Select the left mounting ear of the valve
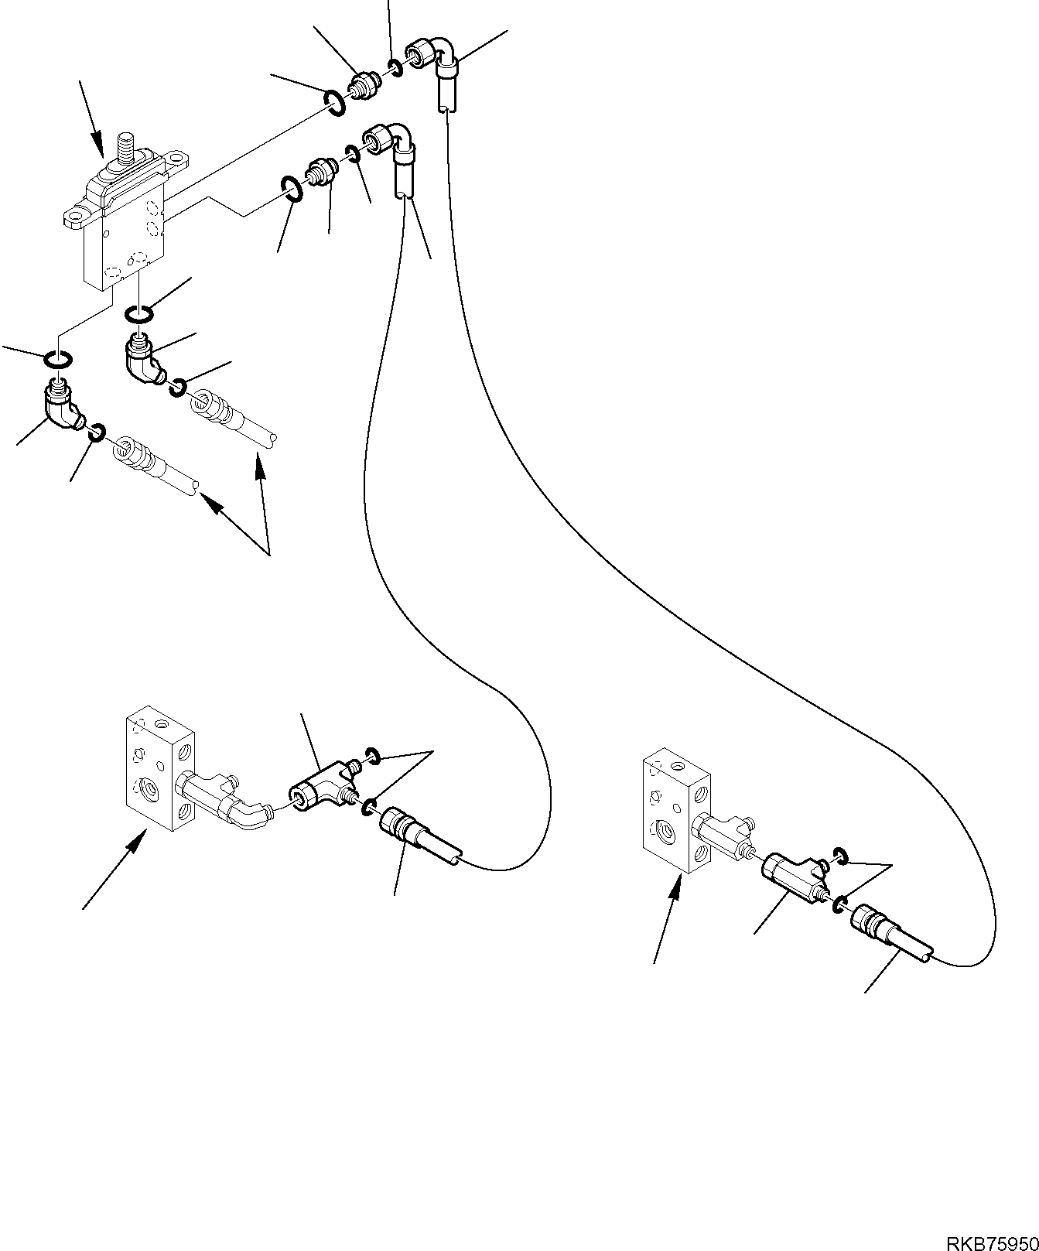click(78, 214)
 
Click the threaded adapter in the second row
click(320, 170)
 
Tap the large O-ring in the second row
click(291, 189)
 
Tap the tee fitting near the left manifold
click(319, 788)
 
